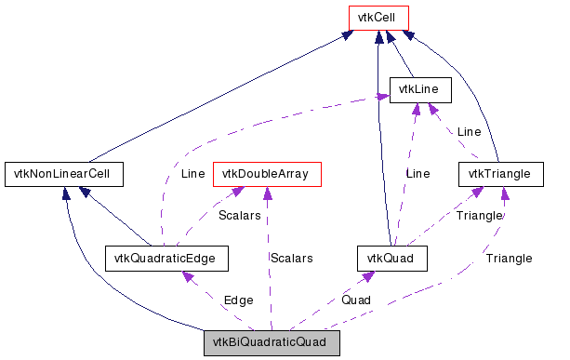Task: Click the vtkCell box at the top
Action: [x=378, y=19]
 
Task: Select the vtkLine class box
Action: [x=420, y=90]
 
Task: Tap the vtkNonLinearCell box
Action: [x=64, y=173]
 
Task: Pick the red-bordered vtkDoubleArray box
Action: [x=267, y=173]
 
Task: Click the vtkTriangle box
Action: [x=499, y=173]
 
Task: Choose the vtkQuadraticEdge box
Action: [x=166, y=258]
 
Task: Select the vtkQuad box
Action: [x=391, y=258]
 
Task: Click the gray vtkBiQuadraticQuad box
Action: [x=272, y=342]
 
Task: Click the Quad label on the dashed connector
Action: [x=355, y=300]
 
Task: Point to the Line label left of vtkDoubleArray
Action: [x=192, y=173]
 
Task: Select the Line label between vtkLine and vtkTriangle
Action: [x=469, y=132]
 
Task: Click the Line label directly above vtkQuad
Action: [x=418, y=173]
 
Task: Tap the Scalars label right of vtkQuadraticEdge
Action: [x=291, y=258]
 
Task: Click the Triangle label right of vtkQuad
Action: [x=479, y=215]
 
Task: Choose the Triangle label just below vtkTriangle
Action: [x=509, y=258]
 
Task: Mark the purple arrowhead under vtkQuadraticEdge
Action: [x=187, y=276]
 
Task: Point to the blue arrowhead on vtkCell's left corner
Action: [x=348, y=33]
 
